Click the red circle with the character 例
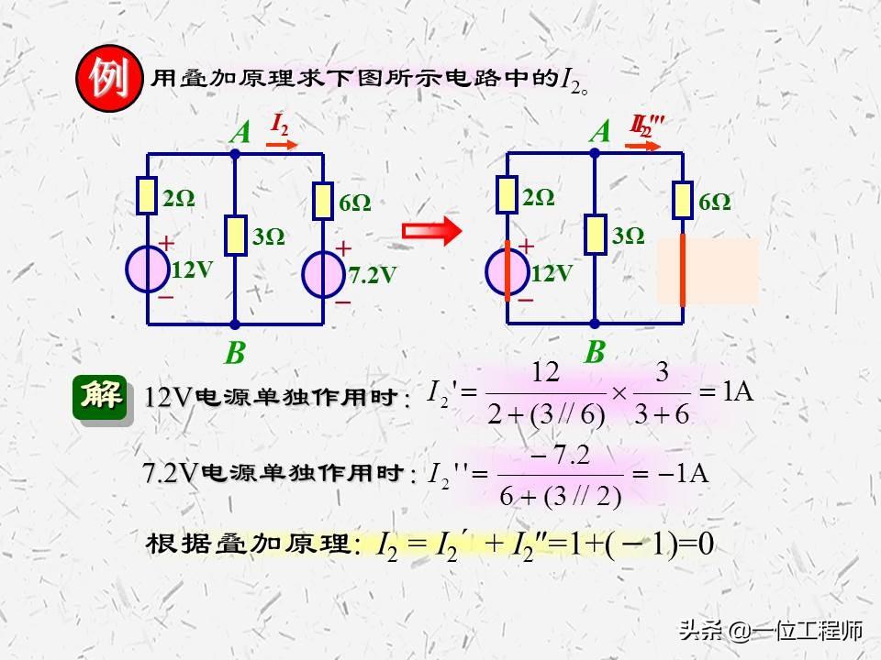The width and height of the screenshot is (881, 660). click(x=108, y=81)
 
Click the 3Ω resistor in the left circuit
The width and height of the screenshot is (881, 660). click(x=236, y=236)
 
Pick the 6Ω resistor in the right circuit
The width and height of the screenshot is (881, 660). click(x=682, y=201)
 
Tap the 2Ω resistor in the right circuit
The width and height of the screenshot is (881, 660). click(x=507, y=195)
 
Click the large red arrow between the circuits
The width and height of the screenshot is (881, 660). click(x=430, y=232)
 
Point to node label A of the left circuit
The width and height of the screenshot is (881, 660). click(x=240, y=134)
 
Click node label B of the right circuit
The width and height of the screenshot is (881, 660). click(x=596, y=352)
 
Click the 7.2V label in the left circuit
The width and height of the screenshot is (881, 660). click(x=373, y=274)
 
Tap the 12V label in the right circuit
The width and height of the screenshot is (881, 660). click(x=552, y=272)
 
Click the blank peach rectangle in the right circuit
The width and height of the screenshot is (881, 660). click(x=707, y=271)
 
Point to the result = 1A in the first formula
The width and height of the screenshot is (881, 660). click(x=727, y=392)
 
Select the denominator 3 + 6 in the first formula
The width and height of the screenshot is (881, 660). click(x=661, y=414)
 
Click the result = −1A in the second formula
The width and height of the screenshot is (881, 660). click(x=674, y=474)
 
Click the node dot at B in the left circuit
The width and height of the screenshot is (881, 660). click(x=236, y=324)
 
